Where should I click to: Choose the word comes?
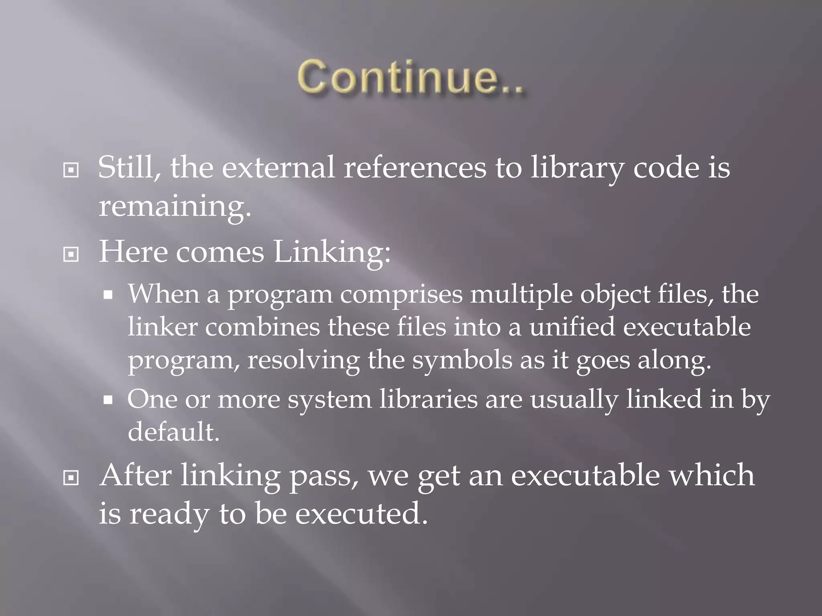coord(220,253)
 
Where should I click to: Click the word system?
coord(330,399)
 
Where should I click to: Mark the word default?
coord(174,432)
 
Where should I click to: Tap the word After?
coord(136,476)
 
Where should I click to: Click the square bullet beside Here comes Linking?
coord(71,254)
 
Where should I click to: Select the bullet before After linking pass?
coord(71,478)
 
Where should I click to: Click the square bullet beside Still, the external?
coord(71,170)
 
